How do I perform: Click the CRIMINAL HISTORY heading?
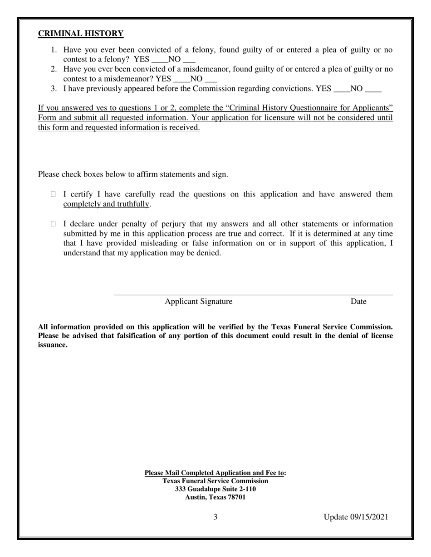(x=80, y=34)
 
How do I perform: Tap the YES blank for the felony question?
(x=159, y=60)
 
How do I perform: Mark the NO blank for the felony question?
(x=189, y=60)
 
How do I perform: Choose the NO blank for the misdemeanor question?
(x=211, y=79)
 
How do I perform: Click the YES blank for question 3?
(x=342, y=89)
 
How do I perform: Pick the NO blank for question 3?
(x=373, y=89)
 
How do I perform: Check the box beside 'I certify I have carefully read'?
(x=53, y=194)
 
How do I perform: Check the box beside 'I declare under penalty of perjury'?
(x=53, y=224)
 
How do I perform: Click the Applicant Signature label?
(x=198, y=302)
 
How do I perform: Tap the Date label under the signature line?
(x=358, y=302)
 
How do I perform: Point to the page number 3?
(x=215, y=517)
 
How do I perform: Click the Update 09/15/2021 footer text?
(x=356, y=517)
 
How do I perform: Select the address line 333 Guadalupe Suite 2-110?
(x=215, y=489)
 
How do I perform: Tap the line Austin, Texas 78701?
(x=215, y=497)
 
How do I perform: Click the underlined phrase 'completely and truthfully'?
(x=106, y=204)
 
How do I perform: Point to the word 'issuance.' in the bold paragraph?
(x=52, y=345)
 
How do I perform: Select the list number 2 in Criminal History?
(x=54, y=69)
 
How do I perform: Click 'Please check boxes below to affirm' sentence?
(x=132, y=174)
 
